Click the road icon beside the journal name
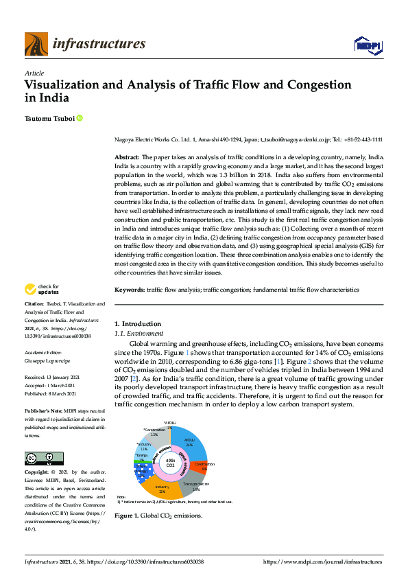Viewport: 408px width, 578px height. click(x=36, y=45)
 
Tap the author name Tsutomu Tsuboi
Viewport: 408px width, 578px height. click(x=49, y=119)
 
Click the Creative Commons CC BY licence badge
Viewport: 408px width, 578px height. click(x=44, y=458)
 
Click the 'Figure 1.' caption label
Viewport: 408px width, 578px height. click(x=126, y=515)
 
